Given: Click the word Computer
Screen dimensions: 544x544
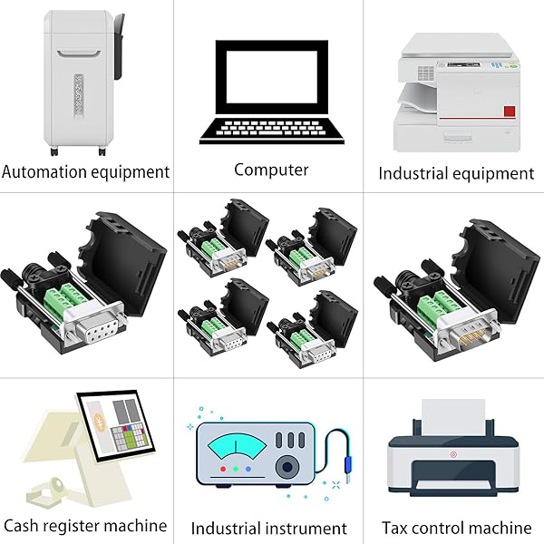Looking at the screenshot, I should click(x=271, y=170).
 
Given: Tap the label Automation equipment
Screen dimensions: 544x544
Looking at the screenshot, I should click(x=86, y=171).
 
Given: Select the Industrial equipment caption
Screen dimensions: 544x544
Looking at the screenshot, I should click(x=456, y=172).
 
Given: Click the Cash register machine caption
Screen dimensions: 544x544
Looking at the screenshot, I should click(x=85, y=525).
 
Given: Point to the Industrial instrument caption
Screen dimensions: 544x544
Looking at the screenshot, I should click(x=270, y=528).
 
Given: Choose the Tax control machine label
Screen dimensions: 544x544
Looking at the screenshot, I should click(x=456, y=527).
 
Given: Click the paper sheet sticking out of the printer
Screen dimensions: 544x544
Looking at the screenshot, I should click(x=455, y=416).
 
